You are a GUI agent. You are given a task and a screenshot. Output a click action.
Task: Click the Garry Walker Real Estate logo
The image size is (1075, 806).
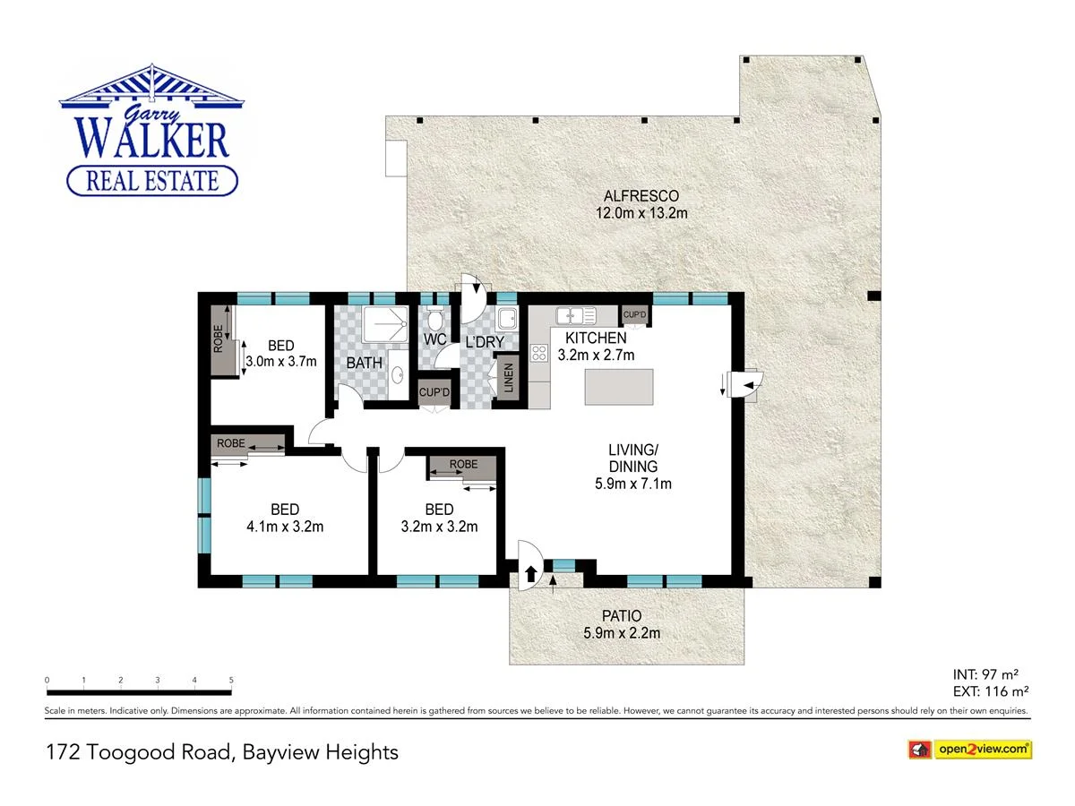click(151, 133)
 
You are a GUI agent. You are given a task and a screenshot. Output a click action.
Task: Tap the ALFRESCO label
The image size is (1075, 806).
click(641, 196)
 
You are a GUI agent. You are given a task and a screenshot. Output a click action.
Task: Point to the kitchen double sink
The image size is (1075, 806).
click(576, 315)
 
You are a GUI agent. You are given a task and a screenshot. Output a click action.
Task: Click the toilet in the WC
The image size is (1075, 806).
click(435, 320)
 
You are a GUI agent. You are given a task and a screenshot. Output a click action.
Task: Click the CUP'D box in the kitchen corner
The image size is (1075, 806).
click(635, 315)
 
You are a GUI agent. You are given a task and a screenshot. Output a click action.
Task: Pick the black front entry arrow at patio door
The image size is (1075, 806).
click(530, 573)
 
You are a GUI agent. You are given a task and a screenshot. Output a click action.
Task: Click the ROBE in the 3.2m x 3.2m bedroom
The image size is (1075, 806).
click(463, 465)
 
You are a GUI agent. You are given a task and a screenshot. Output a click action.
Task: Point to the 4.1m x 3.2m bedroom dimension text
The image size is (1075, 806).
click(285, 527)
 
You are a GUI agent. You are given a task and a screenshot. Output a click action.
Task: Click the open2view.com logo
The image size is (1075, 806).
click(970, 749)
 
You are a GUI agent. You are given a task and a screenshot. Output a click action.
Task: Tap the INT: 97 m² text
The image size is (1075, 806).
click(986, 673)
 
